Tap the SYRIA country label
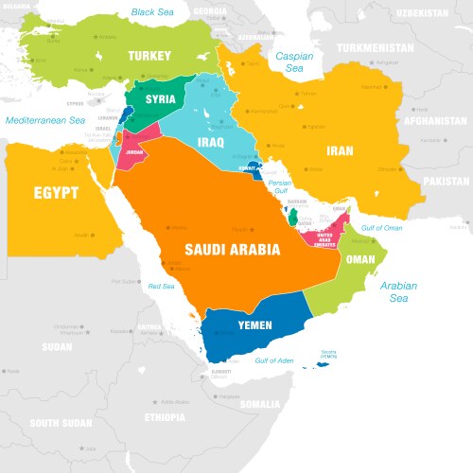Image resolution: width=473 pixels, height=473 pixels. pyautogui.click(x=161, y=99)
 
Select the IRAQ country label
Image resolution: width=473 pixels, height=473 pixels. pyautogui.click(x=209, y=141)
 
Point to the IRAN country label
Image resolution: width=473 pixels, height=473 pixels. pyautogui.click(x=341, y=150)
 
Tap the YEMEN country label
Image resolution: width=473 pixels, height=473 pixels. pyautogui.click(x=254, y=325)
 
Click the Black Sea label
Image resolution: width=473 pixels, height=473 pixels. pyautogui.click(x=154, y=12)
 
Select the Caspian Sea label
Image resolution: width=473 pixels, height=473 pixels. pyautogui.click(x=294, y=62)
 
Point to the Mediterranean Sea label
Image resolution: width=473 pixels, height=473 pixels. pyautogui.click(x=44, y=121)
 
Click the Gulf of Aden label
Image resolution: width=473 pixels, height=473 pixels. pyautogui.click(x=275, y=361)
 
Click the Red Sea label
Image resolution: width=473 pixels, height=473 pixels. pyautogui.click(x=161, y=286)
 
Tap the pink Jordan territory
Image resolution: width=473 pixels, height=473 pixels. pyautogui.click(x=132, y=154)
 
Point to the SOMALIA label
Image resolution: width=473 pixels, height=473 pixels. pyautogui.click(x=260, y=404)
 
